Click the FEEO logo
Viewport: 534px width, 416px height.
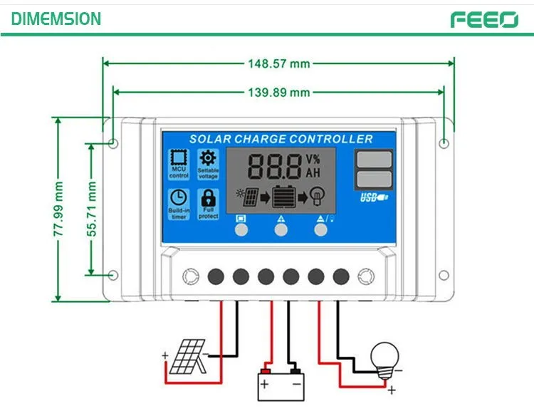pyautogui.click(x=483, y=19)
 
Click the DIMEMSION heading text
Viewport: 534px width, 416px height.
pyautogui.click(x=56, y=19)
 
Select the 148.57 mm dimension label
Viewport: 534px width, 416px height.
pyautogui.click(x=278, y=63)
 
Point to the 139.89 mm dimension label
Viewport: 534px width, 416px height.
pyautogui.click(x=278, y=93)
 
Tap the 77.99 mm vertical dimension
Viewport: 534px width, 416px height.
pyautogui.click(x=59, y=210)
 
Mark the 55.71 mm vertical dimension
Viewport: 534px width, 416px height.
pyautogui.click(x=91, y=209)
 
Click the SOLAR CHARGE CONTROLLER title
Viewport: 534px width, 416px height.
pyautogui.click(x=281, y=139)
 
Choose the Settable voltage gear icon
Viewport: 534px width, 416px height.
pyautogui.click(x=208, y=159)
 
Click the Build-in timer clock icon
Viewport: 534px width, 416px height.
pyautogui.click(x=179, y=198)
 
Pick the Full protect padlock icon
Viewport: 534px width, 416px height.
pyautogui.click(x=208, y=197)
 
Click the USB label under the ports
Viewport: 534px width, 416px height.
pyautogui.click(x=373, y=197)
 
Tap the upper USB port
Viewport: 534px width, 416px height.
pyautogui.click(x=373, y=159)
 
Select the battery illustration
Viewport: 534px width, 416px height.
pyautogui.click(x=281, y=384)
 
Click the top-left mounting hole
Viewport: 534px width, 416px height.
pyautogui.click(x=114, y=144)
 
